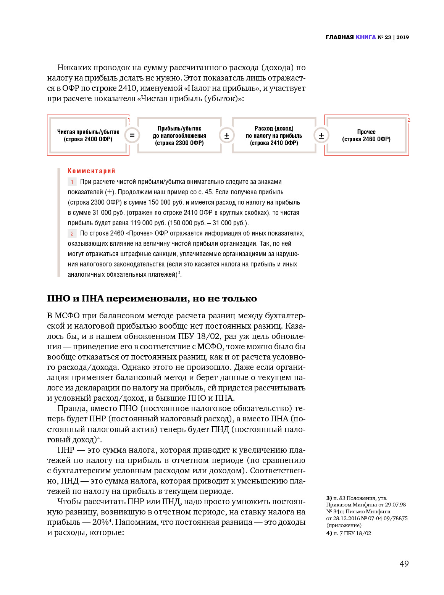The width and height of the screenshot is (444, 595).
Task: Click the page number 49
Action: [404, 564]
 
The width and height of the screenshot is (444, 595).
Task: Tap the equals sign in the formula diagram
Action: [132, 135]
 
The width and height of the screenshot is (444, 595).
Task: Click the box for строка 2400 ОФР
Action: [88, 135]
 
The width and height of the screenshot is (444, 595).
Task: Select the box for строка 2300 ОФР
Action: [179, 135]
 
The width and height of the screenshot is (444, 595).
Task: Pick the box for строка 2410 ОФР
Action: [274, 135]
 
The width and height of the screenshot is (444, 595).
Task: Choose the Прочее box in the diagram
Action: [367, 135]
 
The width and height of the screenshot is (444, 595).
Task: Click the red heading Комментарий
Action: [91, 171]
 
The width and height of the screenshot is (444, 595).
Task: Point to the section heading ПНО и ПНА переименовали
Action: [152, 298]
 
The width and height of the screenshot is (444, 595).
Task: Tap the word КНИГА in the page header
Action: [366, 37]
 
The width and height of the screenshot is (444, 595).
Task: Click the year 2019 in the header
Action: [402, 37]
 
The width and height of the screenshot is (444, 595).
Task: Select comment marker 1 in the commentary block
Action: [72, 182]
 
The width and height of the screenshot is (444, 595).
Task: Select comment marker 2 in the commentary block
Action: [72, 234]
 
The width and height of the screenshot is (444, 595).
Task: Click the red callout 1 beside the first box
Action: [129, 120]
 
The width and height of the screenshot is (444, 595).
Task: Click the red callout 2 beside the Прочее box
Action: [409, 120]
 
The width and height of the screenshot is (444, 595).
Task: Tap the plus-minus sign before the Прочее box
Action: [321, 135]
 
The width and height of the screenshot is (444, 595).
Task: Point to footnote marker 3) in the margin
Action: [329, 498]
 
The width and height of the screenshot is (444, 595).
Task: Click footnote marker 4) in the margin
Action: [329, 533]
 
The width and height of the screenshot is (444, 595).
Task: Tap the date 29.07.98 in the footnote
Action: [396, 505]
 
